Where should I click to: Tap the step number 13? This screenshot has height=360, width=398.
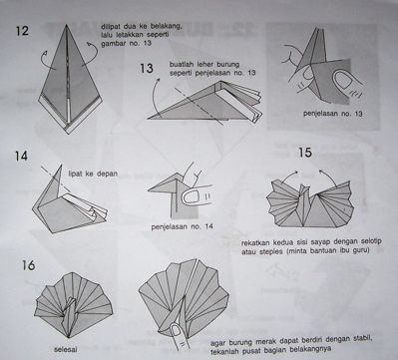(146, 69)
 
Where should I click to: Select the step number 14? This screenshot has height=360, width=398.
(21, 156)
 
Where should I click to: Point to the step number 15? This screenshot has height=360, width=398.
(307, 155)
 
